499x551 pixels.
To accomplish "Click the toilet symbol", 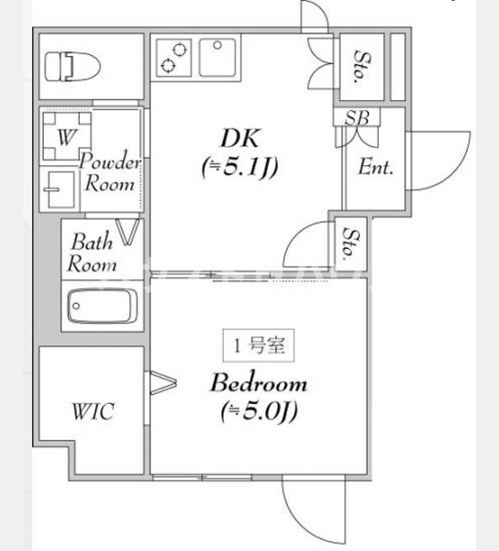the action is coord(72,67).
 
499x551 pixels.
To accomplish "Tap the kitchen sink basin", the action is coord(217,58).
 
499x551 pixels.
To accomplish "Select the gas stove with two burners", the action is coord(174,58).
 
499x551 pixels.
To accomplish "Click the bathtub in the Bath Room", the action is coord(103,306).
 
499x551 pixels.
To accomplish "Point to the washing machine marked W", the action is coord(67,136).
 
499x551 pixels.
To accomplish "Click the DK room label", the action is coord(240,139).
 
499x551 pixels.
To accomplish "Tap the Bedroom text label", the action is coord(259,383).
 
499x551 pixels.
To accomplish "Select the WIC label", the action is coord(93,411).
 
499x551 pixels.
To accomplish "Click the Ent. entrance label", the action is coord(375,167).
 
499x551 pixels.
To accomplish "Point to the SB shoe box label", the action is coord(357,118).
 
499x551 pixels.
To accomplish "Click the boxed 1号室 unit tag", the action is coord(259,345).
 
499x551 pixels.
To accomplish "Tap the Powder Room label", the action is coord(109,173).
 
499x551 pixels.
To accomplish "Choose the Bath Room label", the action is coord(92,253).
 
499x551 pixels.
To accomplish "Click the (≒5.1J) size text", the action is coord(240,166).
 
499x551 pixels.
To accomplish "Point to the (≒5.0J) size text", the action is coord(260,411).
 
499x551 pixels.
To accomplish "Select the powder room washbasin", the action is coord(60,190).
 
